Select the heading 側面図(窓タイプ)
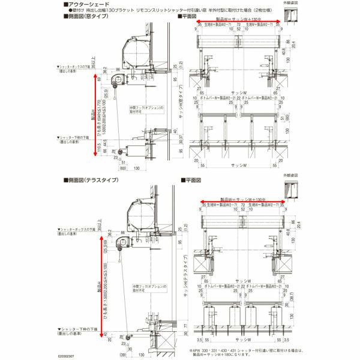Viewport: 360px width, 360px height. pos(91,17)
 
